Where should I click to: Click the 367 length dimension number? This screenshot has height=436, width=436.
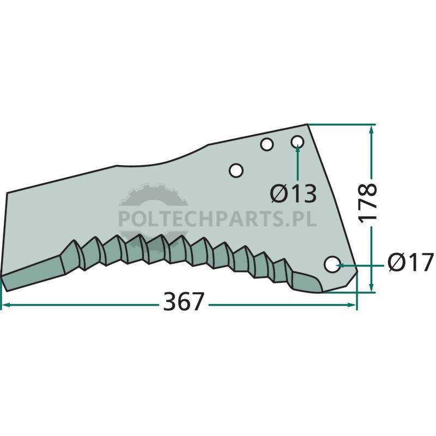[184, 301]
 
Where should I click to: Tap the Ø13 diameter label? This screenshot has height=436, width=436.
[293, 193]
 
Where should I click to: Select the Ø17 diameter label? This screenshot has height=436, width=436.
[410, 262]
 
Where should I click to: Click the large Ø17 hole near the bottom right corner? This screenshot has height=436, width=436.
[332, 264]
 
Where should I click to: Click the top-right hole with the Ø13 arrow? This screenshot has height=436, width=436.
[297, 142]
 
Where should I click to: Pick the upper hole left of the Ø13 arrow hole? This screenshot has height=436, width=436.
[267, 144]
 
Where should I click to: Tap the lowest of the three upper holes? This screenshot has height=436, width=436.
[236, 170]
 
